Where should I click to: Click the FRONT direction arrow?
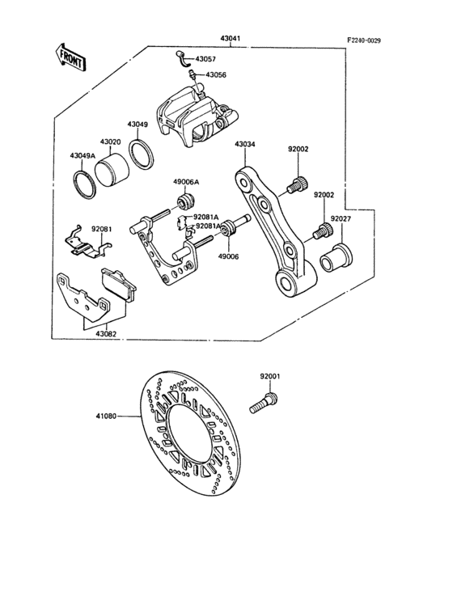tap(71, 57)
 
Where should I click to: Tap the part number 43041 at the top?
tap(231, 39)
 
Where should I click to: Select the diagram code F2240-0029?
tap(364, 40)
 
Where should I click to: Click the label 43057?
tap(205, 59)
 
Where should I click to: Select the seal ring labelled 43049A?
tap(85, 184)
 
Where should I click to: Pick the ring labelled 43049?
tap(142, 154)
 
